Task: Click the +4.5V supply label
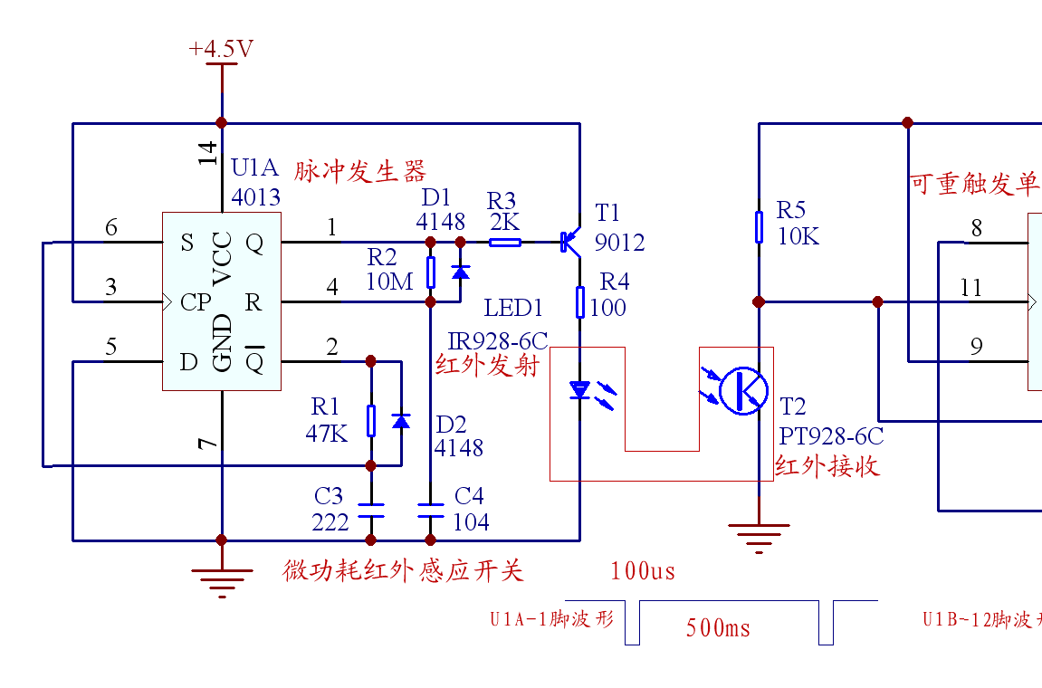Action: (x=221, y=49)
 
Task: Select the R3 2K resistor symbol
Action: (x=505, y=242)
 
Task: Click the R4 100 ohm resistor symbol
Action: (x=580, y=302)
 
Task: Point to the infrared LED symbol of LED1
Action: (x=580, y=391)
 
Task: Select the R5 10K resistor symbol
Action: (x=759, y=227)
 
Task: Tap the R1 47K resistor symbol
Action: (x=370, y=421)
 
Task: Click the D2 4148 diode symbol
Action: (x=401, y=421)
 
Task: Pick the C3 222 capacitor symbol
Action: (x=370, y=510)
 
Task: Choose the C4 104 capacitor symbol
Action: (x=430, y=510)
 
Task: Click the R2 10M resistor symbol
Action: (x=430, y=272)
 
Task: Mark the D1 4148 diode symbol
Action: (x=460, y=272)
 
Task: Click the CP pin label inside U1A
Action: (x=196, y=302)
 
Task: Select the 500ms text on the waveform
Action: (x=718, y=628)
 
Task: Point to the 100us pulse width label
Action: (x=643, y=570)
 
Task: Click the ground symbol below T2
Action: (x=759, y=536)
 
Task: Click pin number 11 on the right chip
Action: (x=971, y=288)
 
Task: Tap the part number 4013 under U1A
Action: (x=255, y=196)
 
